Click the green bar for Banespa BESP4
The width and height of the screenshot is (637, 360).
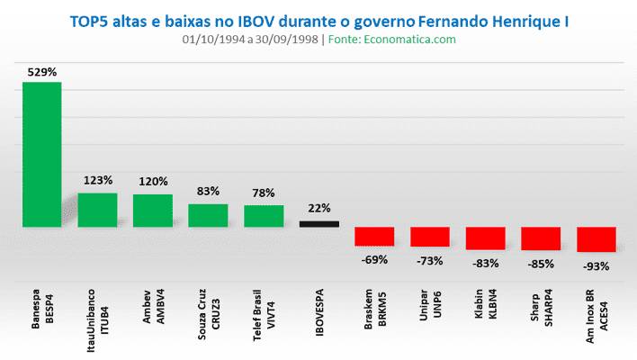(x=41, y=154)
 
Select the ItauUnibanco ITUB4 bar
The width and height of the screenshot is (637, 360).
(x=97, y=210)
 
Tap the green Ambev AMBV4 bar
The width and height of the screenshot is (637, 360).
(x=152, y=211)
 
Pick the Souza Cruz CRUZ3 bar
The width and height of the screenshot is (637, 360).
(x=208, y=215)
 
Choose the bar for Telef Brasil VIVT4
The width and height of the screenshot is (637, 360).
(x=264, y=216)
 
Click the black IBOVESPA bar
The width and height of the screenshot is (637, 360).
(x=318, y=224)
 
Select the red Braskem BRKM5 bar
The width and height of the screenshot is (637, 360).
(x=374, y=236)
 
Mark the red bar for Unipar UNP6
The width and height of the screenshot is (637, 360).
(x=430, y=237)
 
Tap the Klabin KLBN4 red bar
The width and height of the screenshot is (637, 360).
(x=485, y=238)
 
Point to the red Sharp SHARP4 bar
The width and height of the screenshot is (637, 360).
(x=541, y=238)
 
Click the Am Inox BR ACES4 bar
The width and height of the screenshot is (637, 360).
(x=597, y=239)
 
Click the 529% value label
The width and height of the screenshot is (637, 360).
(x=41, y=71)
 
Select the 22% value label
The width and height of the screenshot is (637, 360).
(x=319, y=208)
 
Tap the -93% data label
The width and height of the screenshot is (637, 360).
(x=597, y=265)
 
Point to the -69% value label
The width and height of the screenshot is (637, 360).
(x=374, y=259)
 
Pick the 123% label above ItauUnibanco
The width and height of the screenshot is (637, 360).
(x=97, y=180)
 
